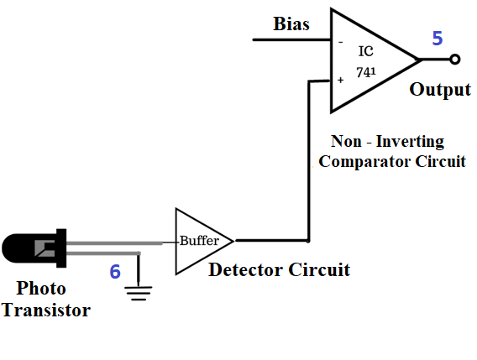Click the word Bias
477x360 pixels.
(x=291, y=23)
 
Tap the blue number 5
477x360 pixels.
(x=438, y=39)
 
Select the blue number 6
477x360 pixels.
(x=115, y=271)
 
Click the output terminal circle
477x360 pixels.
(x=454, y=59)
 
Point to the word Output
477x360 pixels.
(x=440, y=90)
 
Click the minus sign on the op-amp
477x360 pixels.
(x=340, y=42)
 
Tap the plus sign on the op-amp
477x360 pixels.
(x=340, y=80)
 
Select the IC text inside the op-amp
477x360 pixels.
(x=365, y=51)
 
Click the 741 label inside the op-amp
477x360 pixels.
(x=366, y=72)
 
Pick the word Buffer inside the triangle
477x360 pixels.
(x=199, y=241)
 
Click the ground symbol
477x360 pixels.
(x=139, y=293)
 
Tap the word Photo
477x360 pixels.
(x=41, y=288)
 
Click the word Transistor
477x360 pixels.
(x=46, y=310)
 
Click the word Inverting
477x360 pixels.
(x=410, y=142)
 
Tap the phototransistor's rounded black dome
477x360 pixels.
(x=18, y=248)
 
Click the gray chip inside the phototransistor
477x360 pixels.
(x=45, y=248)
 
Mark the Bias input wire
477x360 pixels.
(x=292, y=39)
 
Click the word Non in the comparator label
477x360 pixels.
(x=346, y=141)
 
